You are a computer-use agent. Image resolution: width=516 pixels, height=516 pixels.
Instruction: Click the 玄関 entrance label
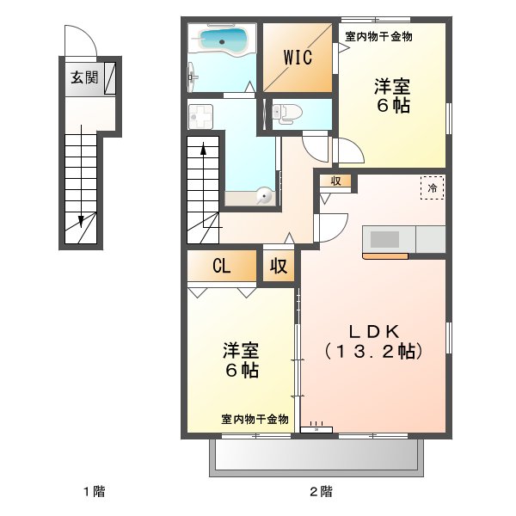tap(84, 77)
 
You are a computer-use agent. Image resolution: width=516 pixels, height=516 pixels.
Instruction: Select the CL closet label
tap(222, 266)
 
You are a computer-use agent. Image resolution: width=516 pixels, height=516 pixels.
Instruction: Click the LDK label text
tap(372, 331)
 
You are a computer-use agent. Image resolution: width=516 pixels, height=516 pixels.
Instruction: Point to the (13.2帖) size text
tap(372, 351)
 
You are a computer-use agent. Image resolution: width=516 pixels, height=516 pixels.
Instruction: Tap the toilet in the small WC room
tap(284, 111)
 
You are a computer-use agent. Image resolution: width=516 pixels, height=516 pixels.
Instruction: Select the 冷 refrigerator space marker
tap(433, 186)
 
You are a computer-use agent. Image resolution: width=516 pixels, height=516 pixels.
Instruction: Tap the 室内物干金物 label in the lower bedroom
tap(255, 420)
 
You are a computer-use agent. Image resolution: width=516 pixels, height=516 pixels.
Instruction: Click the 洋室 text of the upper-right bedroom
tap(390, 86)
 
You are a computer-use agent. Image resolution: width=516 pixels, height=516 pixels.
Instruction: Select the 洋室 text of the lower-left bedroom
tap(242, 351)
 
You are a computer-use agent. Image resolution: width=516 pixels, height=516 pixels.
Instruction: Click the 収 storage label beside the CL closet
tap(279, 266)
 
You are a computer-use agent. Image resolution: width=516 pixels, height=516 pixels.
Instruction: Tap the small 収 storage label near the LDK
tap(335, 181)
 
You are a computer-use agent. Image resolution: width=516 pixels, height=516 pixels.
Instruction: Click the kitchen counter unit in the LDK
tap(403, 239)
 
